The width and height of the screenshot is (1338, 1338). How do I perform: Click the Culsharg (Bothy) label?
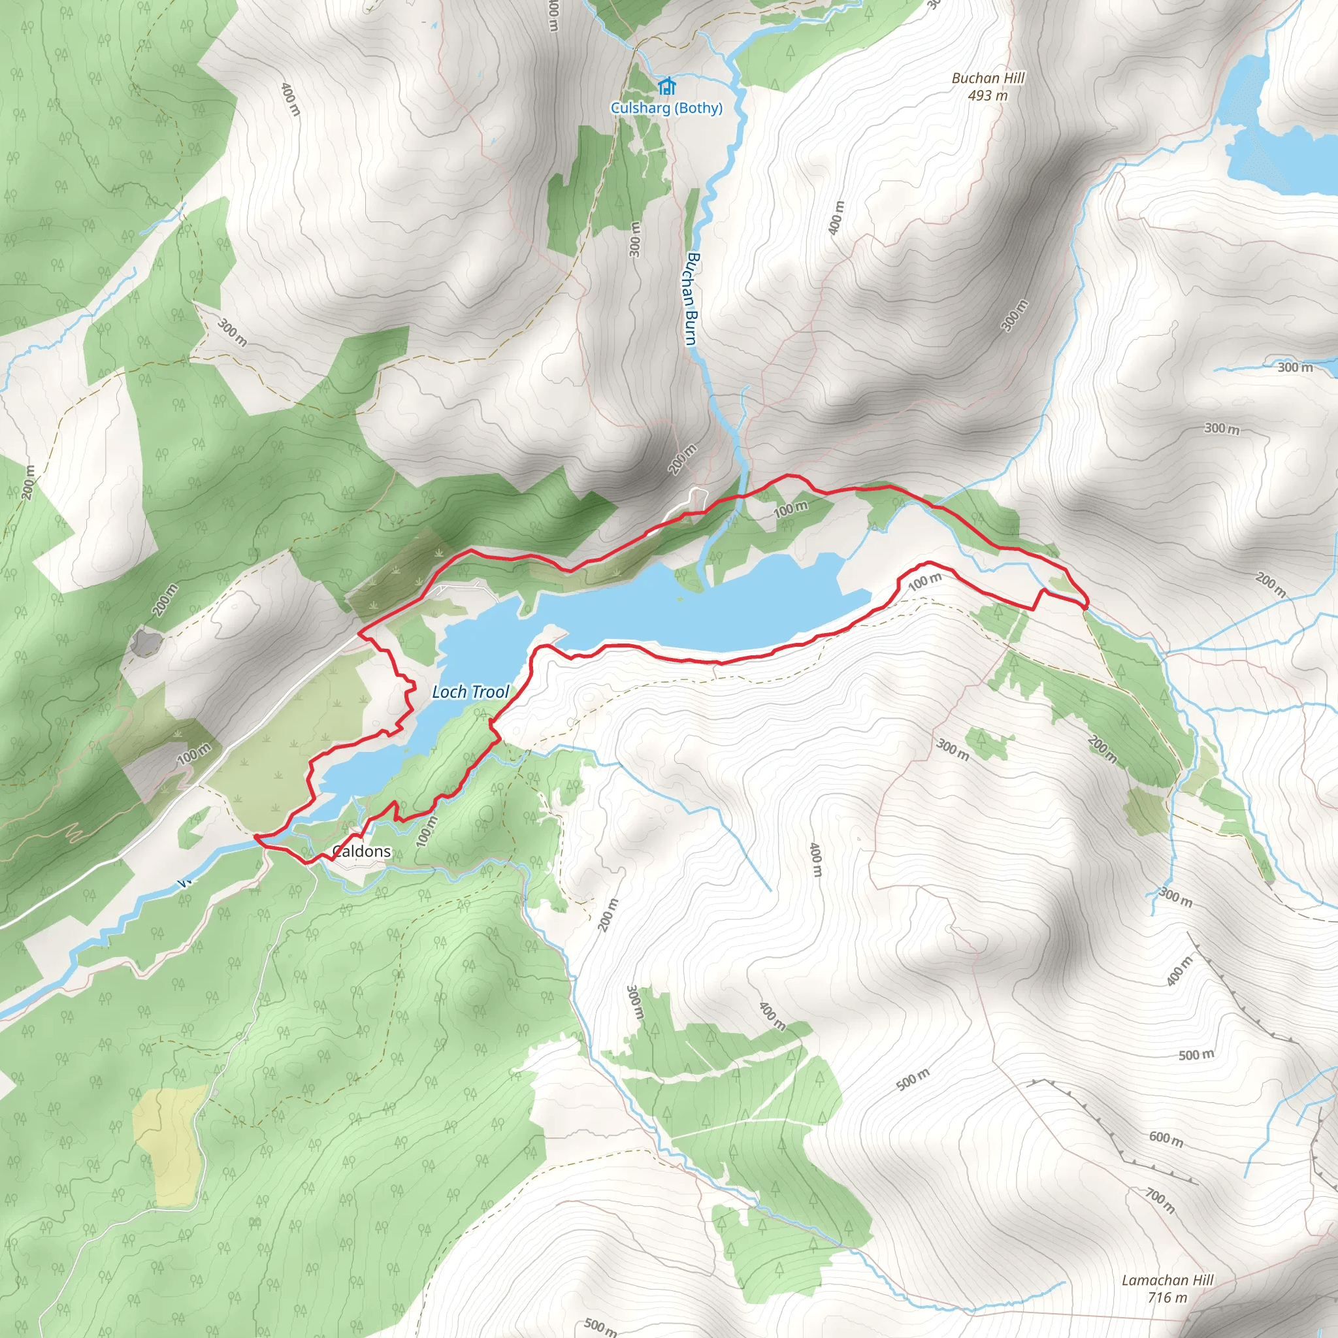click(x=666, y=108)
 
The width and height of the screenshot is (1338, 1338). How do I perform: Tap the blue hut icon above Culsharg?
click(x=666, y=86)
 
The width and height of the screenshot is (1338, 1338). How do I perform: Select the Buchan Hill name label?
click(x=988, y=78)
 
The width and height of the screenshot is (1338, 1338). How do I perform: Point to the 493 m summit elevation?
click(x=988, y=95)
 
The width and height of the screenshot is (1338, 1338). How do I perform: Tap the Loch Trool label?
click(x=470, y=691)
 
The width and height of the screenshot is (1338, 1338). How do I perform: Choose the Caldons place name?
click(x=361, y=851)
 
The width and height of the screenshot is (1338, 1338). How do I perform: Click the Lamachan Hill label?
click(x=1167, y=1281)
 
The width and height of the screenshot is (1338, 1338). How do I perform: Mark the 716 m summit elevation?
click(x=1167, y=1297)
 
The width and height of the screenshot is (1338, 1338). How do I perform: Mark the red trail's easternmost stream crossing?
click(x=1085, y=608)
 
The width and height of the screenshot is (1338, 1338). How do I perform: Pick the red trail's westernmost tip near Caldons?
click(x=256, y=837)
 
